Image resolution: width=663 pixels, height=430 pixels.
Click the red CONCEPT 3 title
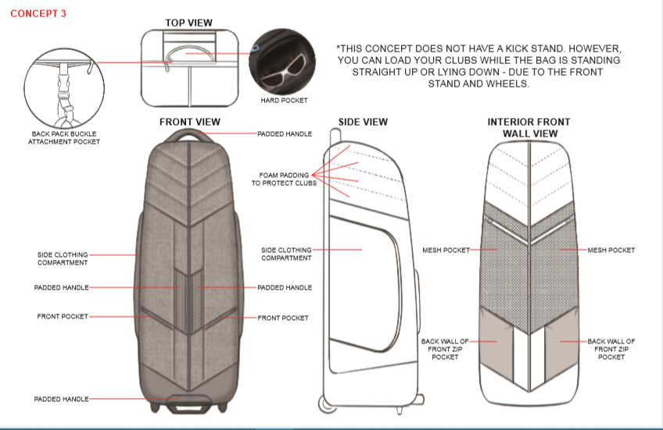(x=38, y=13)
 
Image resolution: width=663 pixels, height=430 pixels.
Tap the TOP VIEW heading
(x=188, y=23)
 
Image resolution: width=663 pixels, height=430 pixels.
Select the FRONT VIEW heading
(x=189, y=122)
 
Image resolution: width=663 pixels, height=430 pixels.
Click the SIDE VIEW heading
(x=363, y=122)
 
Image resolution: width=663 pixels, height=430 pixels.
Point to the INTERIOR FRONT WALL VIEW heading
(x=529, y=127)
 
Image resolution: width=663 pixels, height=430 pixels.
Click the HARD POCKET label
(x=284, y=101)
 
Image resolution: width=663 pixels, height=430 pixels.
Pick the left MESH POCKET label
(x=445, y=250)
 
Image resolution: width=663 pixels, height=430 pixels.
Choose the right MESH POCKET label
(x=611, y=250)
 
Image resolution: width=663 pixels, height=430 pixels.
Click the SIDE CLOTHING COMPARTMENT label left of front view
(x=63, y=258)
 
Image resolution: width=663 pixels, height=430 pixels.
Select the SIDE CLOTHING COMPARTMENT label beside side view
(x=286, y=254)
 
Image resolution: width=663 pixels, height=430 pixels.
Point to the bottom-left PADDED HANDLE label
(x=61, y=399)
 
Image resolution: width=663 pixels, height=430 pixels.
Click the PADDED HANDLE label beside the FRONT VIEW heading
(x=285, y=134)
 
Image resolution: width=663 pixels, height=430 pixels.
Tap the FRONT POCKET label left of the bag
(x=63, y=316)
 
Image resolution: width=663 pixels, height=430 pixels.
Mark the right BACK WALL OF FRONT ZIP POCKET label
(x=611, y=349)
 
